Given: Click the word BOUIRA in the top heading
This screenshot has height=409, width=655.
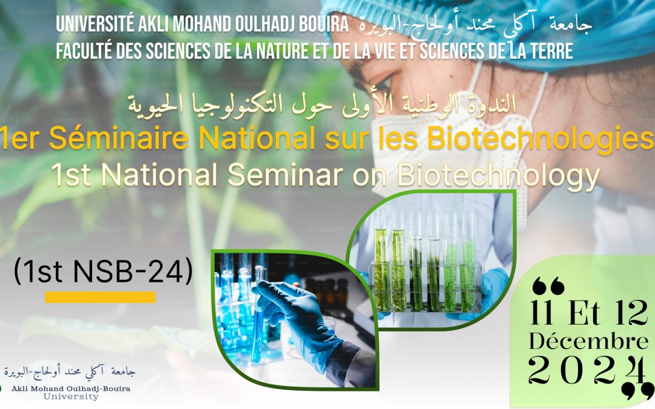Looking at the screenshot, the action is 323,25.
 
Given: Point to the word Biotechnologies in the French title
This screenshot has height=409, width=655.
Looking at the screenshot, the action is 540,139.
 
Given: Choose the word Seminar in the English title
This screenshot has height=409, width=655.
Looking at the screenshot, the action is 285,175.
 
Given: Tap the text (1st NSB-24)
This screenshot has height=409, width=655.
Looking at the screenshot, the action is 103,271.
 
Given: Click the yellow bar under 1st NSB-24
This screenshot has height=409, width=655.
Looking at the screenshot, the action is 100,297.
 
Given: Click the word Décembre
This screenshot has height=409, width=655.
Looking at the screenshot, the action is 588,341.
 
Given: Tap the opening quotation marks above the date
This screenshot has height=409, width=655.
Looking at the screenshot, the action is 548,286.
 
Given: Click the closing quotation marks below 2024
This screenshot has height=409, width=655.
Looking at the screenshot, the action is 636,391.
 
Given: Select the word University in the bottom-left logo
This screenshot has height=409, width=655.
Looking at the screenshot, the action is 71,396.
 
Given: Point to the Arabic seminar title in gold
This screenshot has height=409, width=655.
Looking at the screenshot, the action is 321,104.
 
